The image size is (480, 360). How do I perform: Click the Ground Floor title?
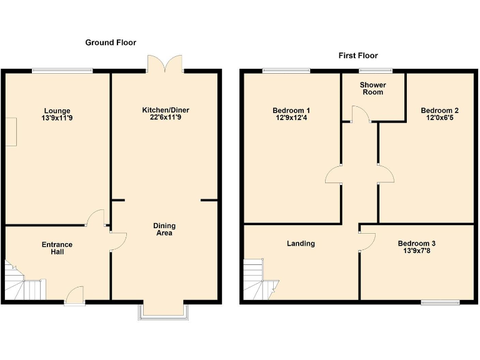(111, 42)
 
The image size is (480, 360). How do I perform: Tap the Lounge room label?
(57, 111)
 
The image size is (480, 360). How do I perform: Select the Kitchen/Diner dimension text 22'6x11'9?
(166, 117)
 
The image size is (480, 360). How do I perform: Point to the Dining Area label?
(164, 229)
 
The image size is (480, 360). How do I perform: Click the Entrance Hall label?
(57, 248)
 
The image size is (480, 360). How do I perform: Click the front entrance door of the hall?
(74, 296)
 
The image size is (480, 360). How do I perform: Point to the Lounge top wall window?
(62, 70)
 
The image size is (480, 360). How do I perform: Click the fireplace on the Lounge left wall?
(11, 131)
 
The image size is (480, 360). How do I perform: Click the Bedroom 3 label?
(417, 244)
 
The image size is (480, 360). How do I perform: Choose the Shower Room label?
(372, 88)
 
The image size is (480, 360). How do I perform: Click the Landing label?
(301, 244)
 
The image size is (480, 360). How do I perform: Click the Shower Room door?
(359, 114)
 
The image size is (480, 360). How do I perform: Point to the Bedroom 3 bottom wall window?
(440, 303)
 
